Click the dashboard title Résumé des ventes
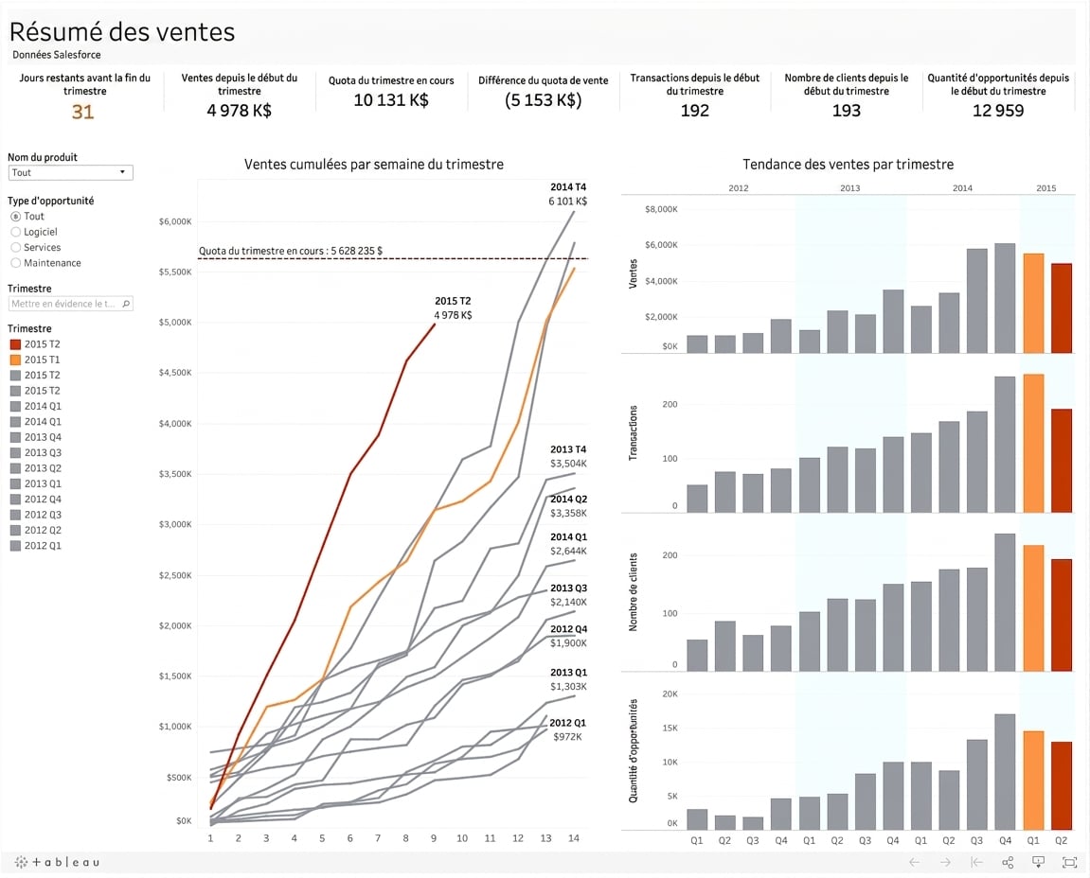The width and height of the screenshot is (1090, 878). (x=122, y=32)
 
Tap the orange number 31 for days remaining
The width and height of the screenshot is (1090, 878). (x=82, y=112)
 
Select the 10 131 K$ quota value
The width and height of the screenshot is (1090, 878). (x=391, y=100)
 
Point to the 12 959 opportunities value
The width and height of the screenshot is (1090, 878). (x=997, y=111)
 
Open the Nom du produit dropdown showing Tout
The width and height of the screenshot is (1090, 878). (x=70, y=172)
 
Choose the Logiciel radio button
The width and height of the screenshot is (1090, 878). (x=16, y=232)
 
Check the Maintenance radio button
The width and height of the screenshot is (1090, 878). (x=16, y=263)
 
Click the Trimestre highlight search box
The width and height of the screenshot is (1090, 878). (x=70, y=304)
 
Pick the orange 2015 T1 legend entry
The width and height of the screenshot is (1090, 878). (x=35, y=360)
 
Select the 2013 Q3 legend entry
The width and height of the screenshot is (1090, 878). (x=35, y=453)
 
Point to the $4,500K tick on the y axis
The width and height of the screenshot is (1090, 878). (x=175, y=373)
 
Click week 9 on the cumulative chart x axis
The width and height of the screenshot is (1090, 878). (x=434, y=838)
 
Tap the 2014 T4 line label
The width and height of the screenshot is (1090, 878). (x=568, y=186)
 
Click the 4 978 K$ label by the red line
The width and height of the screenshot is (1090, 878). (x=454, y=315)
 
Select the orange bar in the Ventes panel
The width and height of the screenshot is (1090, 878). (x=1034, y=304)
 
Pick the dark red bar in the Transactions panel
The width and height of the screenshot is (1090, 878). (x=1062, y=461)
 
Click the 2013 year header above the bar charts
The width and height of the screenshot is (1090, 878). (x=849, y=188)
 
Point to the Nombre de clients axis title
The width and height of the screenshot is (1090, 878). (x=633, y=592)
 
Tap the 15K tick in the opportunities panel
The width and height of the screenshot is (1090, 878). (x=670, y=728)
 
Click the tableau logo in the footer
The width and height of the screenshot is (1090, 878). (x=56, y=862)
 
